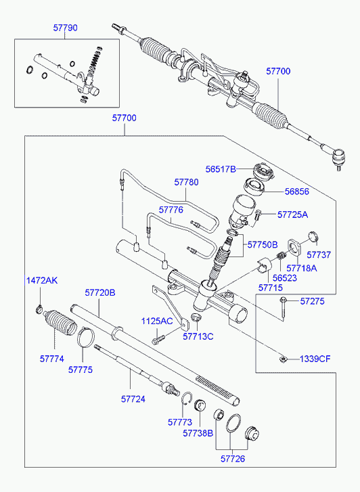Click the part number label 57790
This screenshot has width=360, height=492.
(65, 28)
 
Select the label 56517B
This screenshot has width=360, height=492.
(221, 169)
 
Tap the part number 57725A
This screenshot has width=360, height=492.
(292, 215)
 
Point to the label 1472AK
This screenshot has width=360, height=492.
(42, 280)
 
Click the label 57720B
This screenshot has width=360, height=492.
(100, 293)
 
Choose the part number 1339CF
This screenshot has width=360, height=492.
(315, 359)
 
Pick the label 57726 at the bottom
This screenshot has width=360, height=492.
(233, 459)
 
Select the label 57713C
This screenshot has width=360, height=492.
(198, 336)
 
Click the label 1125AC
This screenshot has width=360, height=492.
(157, 321)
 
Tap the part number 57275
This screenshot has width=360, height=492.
(312, 301)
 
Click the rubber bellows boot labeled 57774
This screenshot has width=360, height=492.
(60, 323)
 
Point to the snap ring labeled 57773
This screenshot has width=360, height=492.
(187, 399)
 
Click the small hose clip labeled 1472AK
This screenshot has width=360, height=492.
(39, 309)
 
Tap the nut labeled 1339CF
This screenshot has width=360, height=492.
(283, 358)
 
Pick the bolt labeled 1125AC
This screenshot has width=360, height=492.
(158, 340)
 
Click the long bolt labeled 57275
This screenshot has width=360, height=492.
(284, 309)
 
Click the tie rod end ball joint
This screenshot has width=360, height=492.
(338, 157)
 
